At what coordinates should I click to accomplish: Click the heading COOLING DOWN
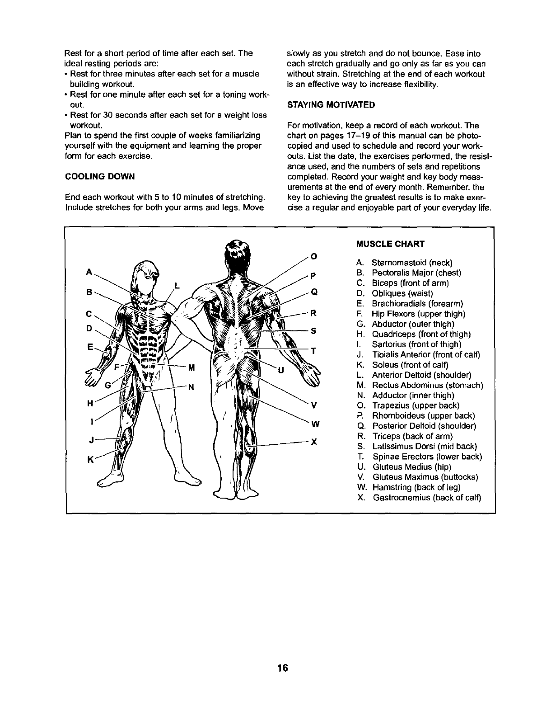pos(100,176)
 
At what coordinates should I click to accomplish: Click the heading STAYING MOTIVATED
pos(331,105)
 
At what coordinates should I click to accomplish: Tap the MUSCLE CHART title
pos(390,244)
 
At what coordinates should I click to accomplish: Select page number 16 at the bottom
pos(283,668)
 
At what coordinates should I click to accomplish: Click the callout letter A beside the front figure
pos(89,272)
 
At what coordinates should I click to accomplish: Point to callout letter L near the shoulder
pos(177,285)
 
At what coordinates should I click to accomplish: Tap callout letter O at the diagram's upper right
pos(313,257)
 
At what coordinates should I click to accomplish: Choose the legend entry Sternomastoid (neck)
pos(411,263)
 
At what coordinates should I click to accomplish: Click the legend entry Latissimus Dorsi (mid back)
pos(425,447)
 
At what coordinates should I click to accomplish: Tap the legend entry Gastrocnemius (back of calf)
pos(426,498)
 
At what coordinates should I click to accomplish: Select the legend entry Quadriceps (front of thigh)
pos(421,334)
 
